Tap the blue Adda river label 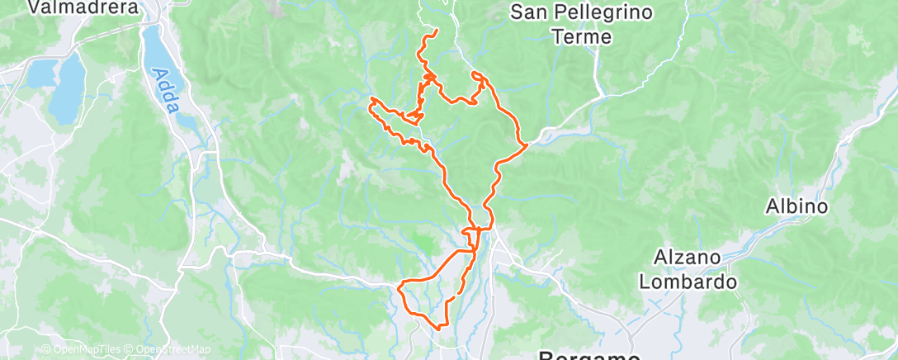point(163,83)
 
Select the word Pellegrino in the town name point(601,13)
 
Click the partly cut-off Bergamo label point(589,355)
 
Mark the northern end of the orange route point(436,31)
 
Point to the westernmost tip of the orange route point(371,102)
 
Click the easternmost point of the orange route point(527,145)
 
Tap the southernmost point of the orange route point(441,326)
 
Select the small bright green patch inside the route point(424,244)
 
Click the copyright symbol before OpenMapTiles point(45,350)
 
